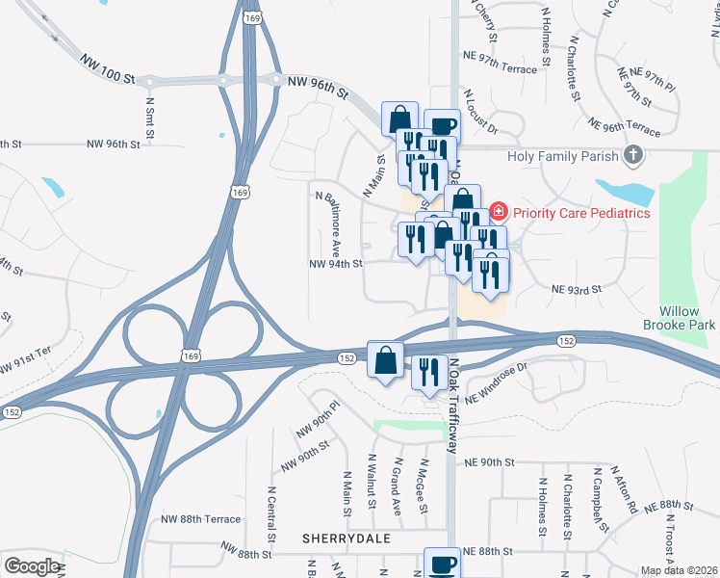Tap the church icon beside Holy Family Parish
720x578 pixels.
pyautogui.click(x=633, y=154)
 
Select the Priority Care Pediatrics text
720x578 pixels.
pyautogui.click(x=582, y=212)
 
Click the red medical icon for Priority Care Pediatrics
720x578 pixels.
pyautogui.click(x=499, y=211)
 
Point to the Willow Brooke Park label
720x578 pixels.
pyautogui.click(x=687, y=319)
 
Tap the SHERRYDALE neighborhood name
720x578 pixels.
pyautogui.click(x=347, y=539)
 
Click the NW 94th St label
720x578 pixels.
pyautogui.click(x=335, y=263)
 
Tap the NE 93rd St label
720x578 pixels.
pyautogui.click(x=576, y=289)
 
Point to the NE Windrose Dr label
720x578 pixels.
pyautogui.click(x=498, y=381)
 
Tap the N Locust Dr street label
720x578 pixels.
pyautogui.click(x=480, y=113)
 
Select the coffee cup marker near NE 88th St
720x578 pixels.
pyautogui.click(x=443, y=564)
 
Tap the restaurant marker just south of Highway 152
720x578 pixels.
pyautogui.click(x=428, y=371)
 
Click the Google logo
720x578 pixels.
pyautogui.click(x=32, y=566)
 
